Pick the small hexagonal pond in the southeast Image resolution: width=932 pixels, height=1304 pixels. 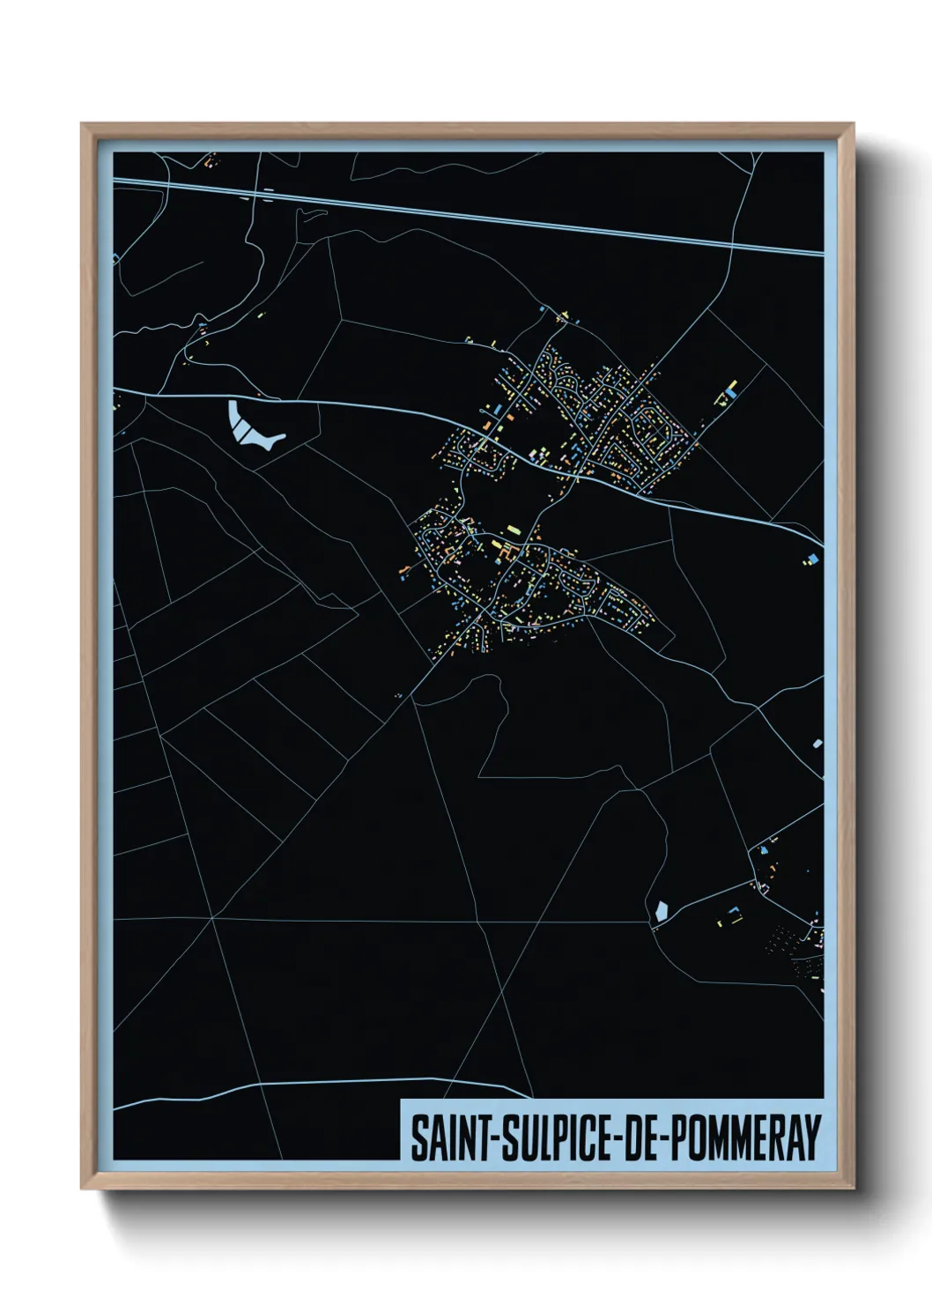660,912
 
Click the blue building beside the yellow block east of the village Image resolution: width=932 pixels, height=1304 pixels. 732,388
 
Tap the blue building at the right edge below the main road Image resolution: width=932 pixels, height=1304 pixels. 812,558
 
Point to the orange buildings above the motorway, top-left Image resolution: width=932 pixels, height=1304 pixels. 210,162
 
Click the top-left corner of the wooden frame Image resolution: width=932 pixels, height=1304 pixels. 83,125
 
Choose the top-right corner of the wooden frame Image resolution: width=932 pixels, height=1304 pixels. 853,125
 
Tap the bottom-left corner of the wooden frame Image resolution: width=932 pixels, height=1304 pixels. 83,1188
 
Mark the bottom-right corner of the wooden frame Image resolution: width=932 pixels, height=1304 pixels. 853,1188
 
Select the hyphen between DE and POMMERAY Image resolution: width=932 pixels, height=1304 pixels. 666,1138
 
